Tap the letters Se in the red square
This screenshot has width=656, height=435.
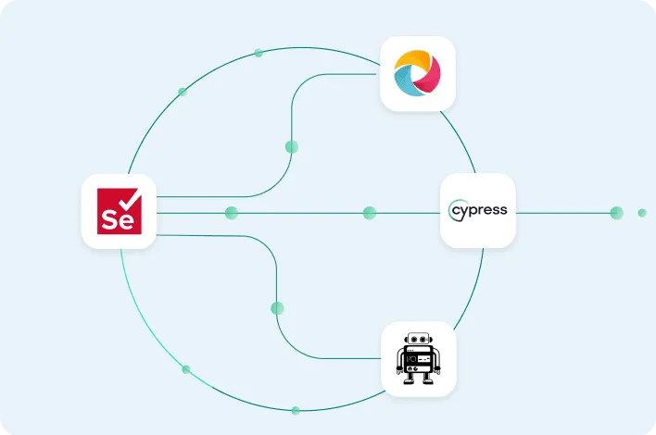coord(115,222)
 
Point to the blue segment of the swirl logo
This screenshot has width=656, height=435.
coord(405,86)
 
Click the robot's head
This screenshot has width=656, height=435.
coord(419,341)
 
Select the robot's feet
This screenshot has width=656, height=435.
coord(418,379)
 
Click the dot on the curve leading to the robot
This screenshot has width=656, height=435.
coord(277,307)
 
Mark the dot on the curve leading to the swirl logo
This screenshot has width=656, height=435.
coord(292,146)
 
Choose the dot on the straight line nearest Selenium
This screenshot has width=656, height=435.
coord(231,213)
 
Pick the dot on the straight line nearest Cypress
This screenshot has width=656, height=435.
coord(370,213)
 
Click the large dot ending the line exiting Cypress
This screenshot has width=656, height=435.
coord(616,213)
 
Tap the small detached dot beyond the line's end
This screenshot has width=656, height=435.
coord(642,213)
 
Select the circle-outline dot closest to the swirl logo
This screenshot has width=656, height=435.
coord(259,53)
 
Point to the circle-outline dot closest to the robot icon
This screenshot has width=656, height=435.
coord(296,410)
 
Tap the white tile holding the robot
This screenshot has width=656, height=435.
coord(419,359)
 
